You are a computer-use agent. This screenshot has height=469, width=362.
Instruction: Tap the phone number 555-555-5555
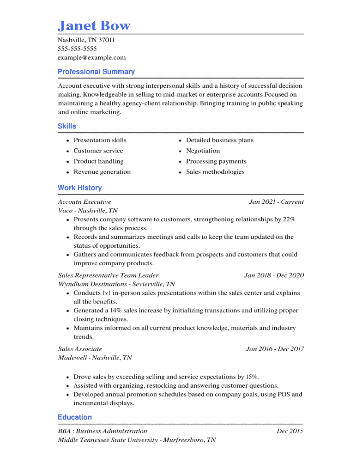[x=77, y=49]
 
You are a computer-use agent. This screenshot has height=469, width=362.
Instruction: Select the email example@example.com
[x=91, y=57]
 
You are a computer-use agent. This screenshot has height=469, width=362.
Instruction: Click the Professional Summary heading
[x=96, y=72]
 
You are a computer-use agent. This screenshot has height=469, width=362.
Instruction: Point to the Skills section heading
[x=67, y=126]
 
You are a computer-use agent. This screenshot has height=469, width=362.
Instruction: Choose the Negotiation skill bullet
[x=203, y=151]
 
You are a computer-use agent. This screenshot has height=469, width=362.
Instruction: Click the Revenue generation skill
[x=102, y=172]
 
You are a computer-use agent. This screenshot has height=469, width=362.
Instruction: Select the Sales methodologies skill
[x=215, y=172]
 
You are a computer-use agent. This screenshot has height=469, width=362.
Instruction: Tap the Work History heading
[x=79, y=188]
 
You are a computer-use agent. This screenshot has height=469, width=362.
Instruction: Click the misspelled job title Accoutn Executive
[x=84, y=201]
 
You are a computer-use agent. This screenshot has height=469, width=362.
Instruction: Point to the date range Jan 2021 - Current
[x=276, y=201]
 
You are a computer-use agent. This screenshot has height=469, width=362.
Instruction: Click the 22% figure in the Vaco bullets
[x=289, y=219]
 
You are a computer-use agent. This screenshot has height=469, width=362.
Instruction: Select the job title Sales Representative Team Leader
[x=108, y=275]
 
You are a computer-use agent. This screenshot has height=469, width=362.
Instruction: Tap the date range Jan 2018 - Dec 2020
[x=274, y=275]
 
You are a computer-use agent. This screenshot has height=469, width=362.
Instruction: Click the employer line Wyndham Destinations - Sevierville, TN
[x=116, y=284]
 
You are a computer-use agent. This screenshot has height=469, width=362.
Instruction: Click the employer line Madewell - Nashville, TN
[x=95, y=358]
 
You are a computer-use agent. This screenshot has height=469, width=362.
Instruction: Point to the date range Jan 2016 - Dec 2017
[x=275, y=349]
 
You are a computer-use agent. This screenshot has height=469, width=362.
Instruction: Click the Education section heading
[x=75, y=417]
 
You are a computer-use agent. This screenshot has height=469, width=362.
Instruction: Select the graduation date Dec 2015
[x=290, y=431]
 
